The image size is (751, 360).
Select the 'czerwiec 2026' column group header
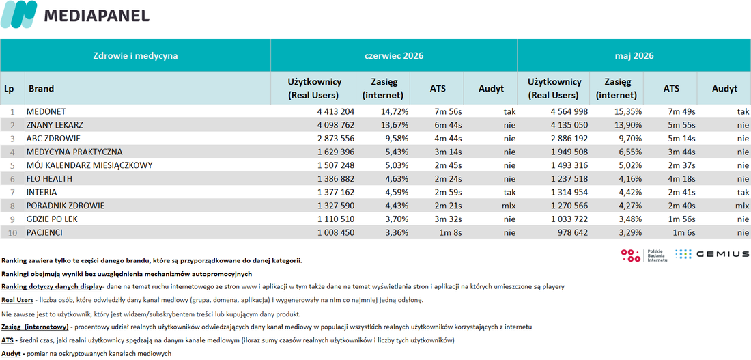click(394, 55)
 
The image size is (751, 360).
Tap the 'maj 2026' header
click(634, 55)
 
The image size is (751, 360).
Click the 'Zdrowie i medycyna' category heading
click(135, 55)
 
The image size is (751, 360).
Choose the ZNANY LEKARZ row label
click(55, 125)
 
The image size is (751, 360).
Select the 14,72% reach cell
click(394, 112)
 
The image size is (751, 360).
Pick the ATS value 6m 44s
click(449, 125)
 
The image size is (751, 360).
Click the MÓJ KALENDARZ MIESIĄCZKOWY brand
click(89, 165)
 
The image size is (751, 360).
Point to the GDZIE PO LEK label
click(52, 219)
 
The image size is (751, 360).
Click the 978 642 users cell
click(572, 232)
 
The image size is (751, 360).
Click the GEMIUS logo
click(712, 254)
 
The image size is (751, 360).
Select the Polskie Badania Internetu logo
click(644, 255)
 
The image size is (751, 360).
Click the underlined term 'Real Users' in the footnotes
click(17, 300)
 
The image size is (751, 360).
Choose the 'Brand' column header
click(41, 88)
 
